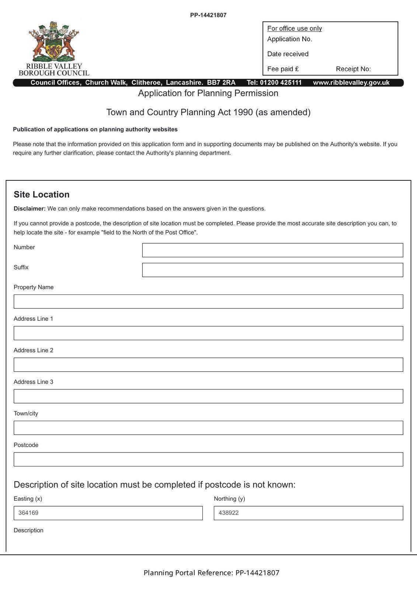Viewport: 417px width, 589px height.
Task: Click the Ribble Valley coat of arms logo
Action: pos(54,41)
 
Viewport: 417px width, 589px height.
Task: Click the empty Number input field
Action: pos(272,250)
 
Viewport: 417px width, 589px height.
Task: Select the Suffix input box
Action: pos(272,270)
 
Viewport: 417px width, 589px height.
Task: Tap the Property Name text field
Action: pos(208,301)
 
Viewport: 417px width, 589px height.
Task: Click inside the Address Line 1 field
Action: pos(208,333)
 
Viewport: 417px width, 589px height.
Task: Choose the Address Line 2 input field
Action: pos(208,365)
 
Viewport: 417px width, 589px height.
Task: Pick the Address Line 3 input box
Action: pos(208,396)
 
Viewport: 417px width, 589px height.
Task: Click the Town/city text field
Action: pos(208,428)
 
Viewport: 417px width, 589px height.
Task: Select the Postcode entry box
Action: pos(208,459)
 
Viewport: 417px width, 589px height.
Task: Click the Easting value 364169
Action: pos(28,513)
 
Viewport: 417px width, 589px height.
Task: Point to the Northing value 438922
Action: pos(229,513)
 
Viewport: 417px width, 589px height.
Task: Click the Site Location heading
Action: pos(42,194)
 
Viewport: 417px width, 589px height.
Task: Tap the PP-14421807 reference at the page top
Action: pos(208,15)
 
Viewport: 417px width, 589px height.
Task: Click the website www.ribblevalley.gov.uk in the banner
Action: pos(351,83)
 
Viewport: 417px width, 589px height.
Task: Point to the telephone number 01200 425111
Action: pos(281,83)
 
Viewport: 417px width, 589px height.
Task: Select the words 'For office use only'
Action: pos(295,28)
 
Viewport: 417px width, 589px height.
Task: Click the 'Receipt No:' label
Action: pos(353,69)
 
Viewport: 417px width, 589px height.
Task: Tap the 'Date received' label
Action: pos(288,54)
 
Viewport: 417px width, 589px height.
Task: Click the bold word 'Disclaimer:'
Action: pos(29,209)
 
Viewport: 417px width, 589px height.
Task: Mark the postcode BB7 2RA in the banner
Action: pos(221,83)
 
